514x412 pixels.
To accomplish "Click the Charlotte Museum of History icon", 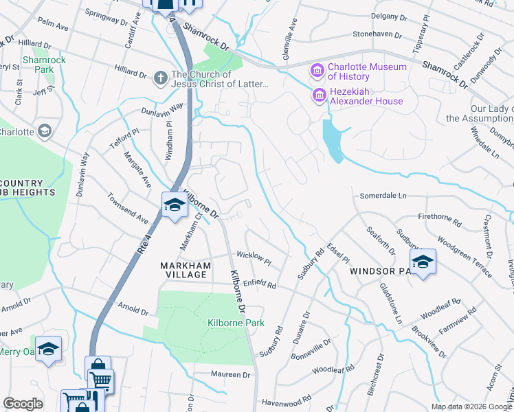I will pyautogui.click(x=317, y=71).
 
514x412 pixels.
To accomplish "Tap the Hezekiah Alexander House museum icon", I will pyautogui.click(x=319, y=95).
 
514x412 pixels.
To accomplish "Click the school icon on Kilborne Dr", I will pyautogui.click(x=175, y=205).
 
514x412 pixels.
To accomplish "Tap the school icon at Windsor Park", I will pyautogui.click(x=423, y=262).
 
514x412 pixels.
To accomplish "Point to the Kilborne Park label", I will pyautogui.click(x=226, y=323).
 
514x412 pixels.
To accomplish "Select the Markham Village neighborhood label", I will pyautogui.click(x=183, y=270).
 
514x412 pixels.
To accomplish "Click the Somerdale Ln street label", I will pyautogui.click(x=383, y=196).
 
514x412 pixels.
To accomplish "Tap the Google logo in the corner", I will pyautogui.click(x=23, y=404).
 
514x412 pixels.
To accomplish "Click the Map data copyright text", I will pyautogui.click(x=471, y=407).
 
